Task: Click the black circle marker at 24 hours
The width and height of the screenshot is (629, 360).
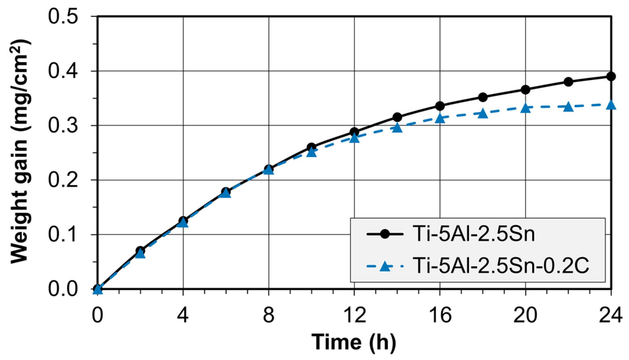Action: [x=611, y=77]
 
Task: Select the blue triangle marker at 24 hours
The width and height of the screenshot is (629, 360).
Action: [x=611, y=105]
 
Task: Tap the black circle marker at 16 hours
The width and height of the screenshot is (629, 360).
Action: [x=440, y=106]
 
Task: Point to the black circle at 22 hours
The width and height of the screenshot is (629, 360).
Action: [x=568, y=82]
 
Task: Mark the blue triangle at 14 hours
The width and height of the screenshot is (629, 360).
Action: [x=397, y=128]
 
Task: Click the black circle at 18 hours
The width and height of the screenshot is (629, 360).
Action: [x=483, y=97]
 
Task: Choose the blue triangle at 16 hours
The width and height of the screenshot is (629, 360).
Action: [x=440, y=118]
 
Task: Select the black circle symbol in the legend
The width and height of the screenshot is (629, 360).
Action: [x=385, y=234]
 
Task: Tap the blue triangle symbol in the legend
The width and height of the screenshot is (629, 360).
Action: [x=385, y=266]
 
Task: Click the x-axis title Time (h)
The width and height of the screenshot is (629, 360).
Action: [x=354, y=342]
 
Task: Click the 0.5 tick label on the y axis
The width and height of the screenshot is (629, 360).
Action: [x=63, y=17]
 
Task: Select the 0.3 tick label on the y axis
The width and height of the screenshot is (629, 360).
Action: [x=63, y=126]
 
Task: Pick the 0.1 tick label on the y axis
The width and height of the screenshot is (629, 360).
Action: [x=63, y=234]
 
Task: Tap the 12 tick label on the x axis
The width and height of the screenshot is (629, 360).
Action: [x=354, y=315]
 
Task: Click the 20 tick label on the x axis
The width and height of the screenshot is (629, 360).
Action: [x=525, y=315]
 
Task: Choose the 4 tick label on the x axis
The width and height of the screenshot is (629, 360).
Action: [x=183, y=315]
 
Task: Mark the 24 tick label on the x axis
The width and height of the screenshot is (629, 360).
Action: [x=610, y=315]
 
